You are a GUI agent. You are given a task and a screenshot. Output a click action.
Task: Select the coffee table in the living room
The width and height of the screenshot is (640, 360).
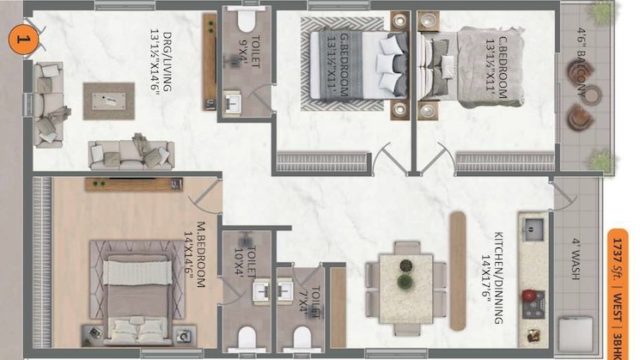click(x=109, y=100)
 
